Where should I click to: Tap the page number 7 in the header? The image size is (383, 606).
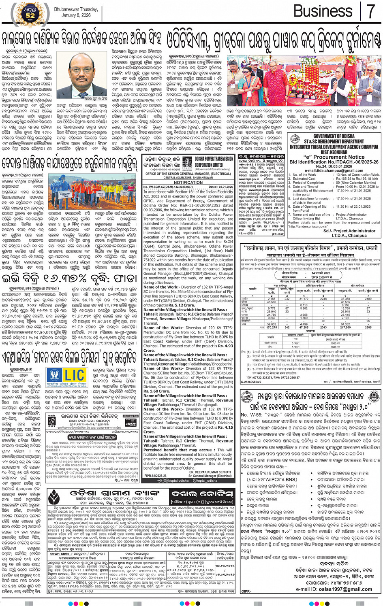click(x=370, y=11)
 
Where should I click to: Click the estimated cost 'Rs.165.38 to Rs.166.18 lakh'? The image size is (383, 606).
click(x=357, y=179)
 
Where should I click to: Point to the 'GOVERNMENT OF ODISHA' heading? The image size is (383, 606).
click(x=334, y=136)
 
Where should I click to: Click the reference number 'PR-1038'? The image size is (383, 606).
click(x=278, y=234)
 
